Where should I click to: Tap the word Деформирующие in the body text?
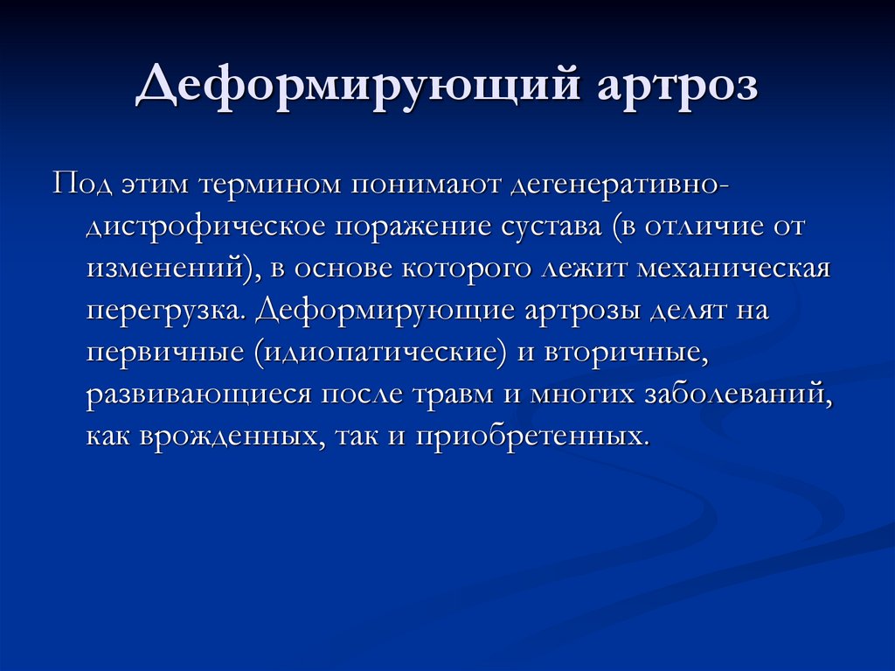pos(365,311)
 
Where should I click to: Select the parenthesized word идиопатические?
pos(385,352)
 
